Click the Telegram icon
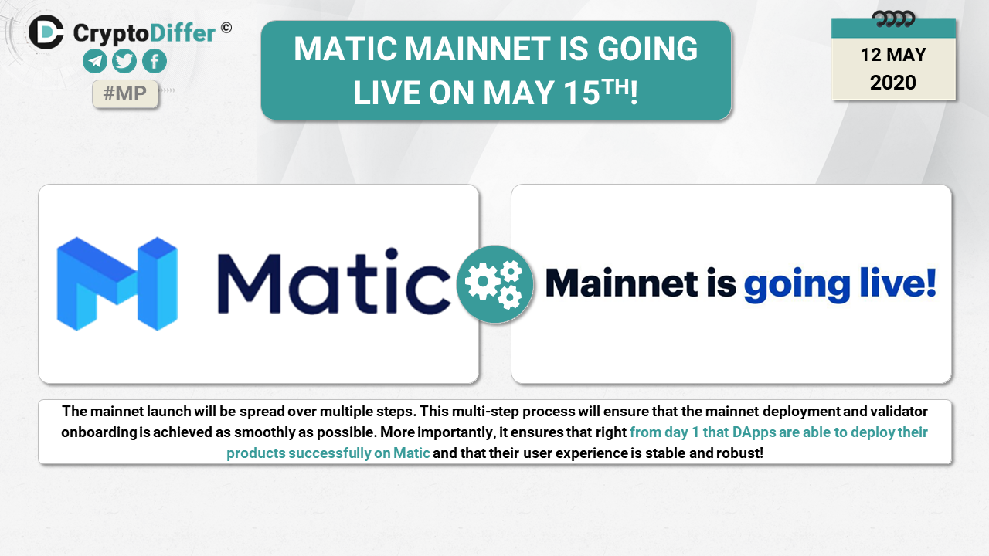95,61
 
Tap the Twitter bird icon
124,61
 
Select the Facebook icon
155,61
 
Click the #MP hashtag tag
125,93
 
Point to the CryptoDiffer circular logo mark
46,32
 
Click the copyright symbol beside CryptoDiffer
226,28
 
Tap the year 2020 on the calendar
892,83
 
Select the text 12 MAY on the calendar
892,55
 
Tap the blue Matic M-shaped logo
117,283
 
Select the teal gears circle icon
495,284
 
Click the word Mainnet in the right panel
622,283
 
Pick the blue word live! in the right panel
898,283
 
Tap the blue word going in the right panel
797,285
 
